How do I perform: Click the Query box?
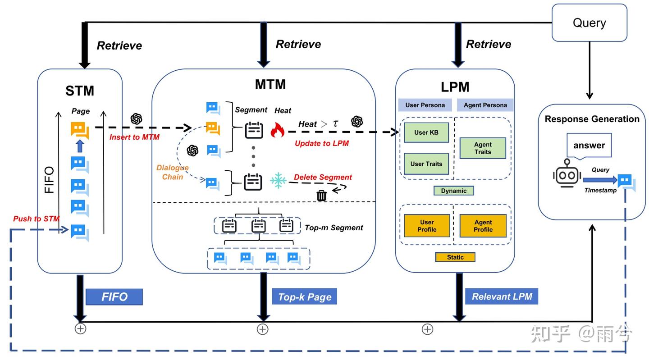589,23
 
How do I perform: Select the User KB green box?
426,132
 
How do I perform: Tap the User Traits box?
426,164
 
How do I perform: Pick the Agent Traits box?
483,148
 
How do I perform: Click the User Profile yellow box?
427,226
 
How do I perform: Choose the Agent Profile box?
483,226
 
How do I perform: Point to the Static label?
455,257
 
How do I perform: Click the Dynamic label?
454,191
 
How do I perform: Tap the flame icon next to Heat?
278,130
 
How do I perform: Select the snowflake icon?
278,180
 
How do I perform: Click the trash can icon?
321,196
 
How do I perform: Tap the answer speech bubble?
589,146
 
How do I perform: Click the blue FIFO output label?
114,297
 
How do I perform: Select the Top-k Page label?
305,297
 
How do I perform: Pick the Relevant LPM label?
502,296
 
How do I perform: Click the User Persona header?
425,105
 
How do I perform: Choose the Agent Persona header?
485,105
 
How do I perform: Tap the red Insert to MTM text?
134,137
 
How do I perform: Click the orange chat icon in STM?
79,131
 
